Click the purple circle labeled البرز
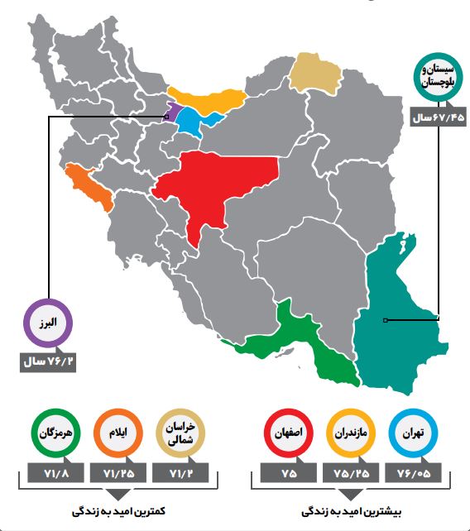click(49, 323)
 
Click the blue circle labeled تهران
click(411, 433)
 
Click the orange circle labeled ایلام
click(118, 433)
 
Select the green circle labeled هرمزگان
click(55, 433)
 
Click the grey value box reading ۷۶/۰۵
click(411, 473)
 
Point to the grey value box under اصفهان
click(288, 473)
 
